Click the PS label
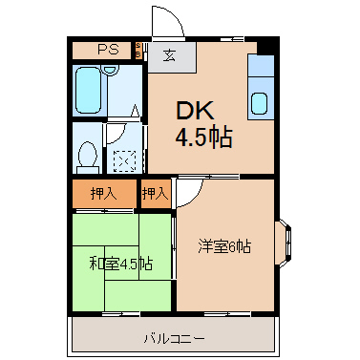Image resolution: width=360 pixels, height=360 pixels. pos(108,50)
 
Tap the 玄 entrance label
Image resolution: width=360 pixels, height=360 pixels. pos(170,56)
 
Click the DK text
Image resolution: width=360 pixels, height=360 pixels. pos(195,110)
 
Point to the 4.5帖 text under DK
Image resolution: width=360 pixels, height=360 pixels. pos(203,138)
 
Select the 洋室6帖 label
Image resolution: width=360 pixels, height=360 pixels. pos(224,246)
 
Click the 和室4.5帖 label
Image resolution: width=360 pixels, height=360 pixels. pos(121,264)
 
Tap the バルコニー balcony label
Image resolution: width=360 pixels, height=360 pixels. pos(174,338)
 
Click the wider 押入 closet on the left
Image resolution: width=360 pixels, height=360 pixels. pos(104,194)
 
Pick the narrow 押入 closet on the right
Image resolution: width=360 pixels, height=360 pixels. pos(156,194)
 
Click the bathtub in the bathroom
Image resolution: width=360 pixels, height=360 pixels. pos(88,90)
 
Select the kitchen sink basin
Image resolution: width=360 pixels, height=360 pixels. pos(261,103)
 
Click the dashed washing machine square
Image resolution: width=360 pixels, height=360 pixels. pos(125,161)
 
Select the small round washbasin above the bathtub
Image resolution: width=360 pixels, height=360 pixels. pos(110,69)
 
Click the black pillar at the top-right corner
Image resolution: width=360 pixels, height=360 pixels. pos(266,47)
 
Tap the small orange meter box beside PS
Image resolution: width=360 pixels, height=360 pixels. pos(138,51)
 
